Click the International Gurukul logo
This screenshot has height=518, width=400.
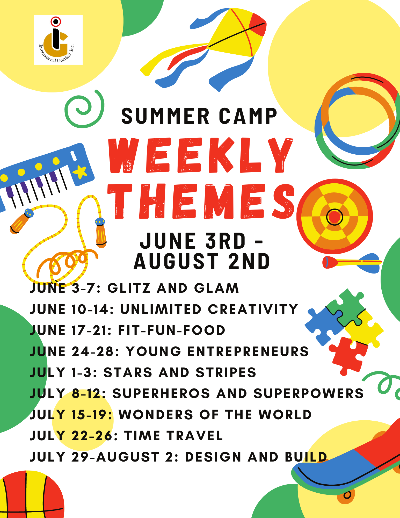[x=58, y=40]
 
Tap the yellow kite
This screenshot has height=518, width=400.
[x=233, y=34]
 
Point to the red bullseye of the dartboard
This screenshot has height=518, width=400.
[x=334, y=217]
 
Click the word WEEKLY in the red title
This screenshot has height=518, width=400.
[x=201, y=155]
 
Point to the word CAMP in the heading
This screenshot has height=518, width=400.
[x=248, y=116]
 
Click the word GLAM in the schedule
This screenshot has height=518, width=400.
[x=216, y=288]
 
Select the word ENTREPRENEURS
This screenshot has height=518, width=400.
[x=248, y=351]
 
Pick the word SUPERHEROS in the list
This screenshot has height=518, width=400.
[x=161, y=393]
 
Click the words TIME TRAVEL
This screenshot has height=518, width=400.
[x=173, y=436]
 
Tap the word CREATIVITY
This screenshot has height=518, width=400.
[x=253, y=309]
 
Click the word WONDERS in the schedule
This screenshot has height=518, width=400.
[x=156, y=415]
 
